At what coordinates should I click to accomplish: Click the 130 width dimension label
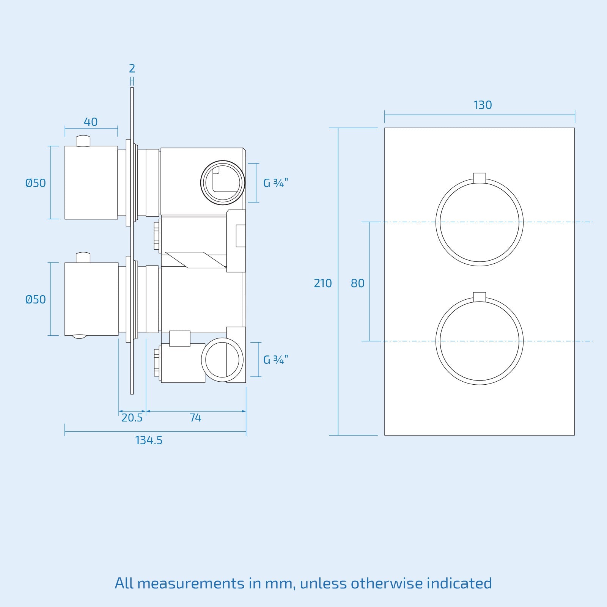coord(483,105)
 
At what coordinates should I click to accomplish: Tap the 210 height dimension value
coord(322,283)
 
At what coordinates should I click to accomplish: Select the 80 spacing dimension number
coord(357,283)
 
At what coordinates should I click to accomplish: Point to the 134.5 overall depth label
coord(149,440)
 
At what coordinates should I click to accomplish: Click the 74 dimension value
coord(195,418)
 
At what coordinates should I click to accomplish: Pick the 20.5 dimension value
coord(132,418)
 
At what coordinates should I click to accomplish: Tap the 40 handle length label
coord(91,122)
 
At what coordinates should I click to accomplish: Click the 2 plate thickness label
coord(132,69)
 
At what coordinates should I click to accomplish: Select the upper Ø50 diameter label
coord(35,183)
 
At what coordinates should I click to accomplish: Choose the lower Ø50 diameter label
coord(35,300)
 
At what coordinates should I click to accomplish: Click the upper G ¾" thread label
coord(276,183)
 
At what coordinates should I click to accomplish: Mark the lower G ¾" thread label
coord(276,359)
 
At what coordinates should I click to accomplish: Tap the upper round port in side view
coord(222,182)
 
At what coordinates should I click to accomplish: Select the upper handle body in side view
coord(91,182)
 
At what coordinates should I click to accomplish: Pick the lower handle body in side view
coord(91,299)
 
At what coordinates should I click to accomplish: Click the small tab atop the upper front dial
coord(480,178)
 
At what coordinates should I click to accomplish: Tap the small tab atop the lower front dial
coord(480,297)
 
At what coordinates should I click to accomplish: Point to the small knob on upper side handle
coord(83,141)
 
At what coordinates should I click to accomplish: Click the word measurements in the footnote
coord(190,583)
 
